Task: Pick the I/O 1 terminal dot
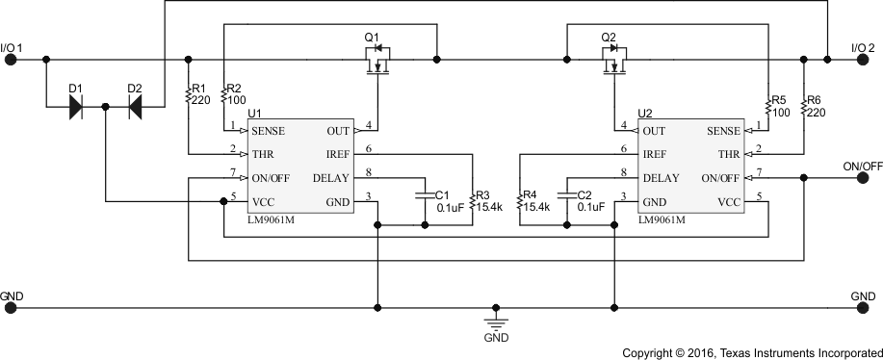click(12, 60)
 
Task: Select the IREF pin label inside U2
click(655, 154)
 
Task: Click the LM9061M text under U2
click(662, 219)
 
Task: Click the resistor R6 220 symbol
click(804, 105)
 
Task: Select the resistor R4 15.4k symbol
click(519, 203)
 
